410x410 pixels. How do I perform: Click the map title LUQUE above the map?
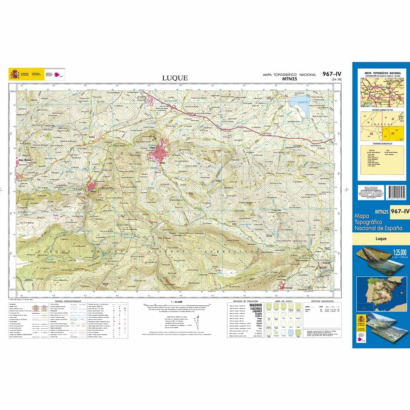[175, 78]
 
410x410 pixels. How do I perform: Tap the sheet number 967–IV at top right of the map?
[331, 74]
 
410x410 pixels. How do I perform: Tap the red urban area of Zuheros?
[92, 187]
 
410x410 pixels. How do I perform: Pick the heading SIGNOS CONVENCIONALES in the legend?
[68, 301]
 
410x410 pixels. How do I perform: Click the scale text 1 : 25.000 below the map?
[177, 302]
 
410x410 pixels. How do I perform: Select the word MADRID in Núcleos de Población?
[256, 305]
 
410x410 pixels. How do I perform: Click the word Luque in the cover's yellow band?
[381, 238]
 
